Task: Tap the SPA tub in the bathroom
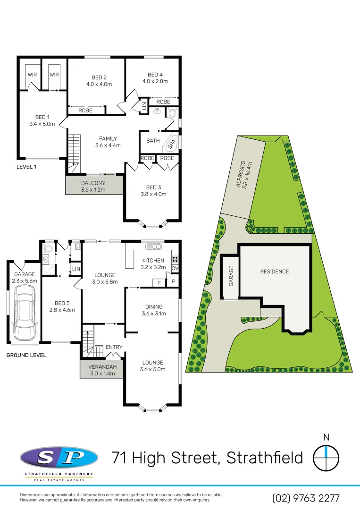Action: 172,142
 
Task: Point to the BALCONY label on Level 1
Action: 93,183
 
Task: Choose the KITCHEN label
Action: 153,260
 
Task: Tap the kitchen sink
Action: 154,246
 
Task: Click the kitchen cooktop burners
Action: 175,259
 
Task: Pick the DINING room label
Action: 152,306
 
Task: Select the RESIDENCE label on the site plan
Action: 274,272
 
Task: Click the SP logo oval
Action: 59,458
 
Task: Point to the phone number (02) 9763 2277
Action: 306,498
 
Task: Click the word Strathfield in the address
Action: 265,458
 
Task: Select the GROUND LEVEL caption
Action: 26,355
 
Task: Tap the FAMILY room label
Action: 108,138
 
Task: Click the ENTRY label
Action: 114,347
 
